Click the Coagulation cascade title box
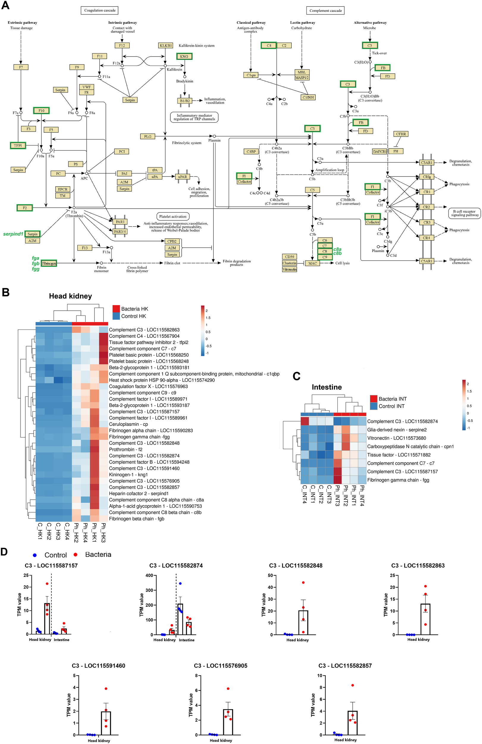(x=100, y=10)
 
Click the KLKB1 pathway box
(x=166, y=45)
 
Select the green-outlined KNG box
(x=184, y=56)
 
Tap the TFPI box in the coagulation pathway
(x=18, y=145)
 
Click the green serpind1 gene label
(x=13, y=234)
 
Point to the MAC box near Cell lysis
(x=313, y=263)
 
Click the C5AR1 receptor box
(x=426, y=261)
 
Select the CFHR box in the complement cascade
(x=401, y=134)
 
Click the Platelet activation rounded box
(x=173, y=216)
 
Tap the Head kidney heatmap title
(x=70, y=296)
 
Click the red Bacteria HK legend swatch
(x=116, y=309)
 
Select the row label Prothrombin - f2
(x=126, y=449)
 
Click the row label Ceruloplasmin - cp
(x=128, y=424)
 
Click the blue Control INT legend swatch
(x=373, y=406)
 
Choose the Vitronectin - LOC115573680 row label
(x=396, y=438)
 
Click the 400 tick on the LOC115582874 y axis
(x=149, y=575)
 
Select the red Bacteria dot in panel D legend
(x=75, y=554)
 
